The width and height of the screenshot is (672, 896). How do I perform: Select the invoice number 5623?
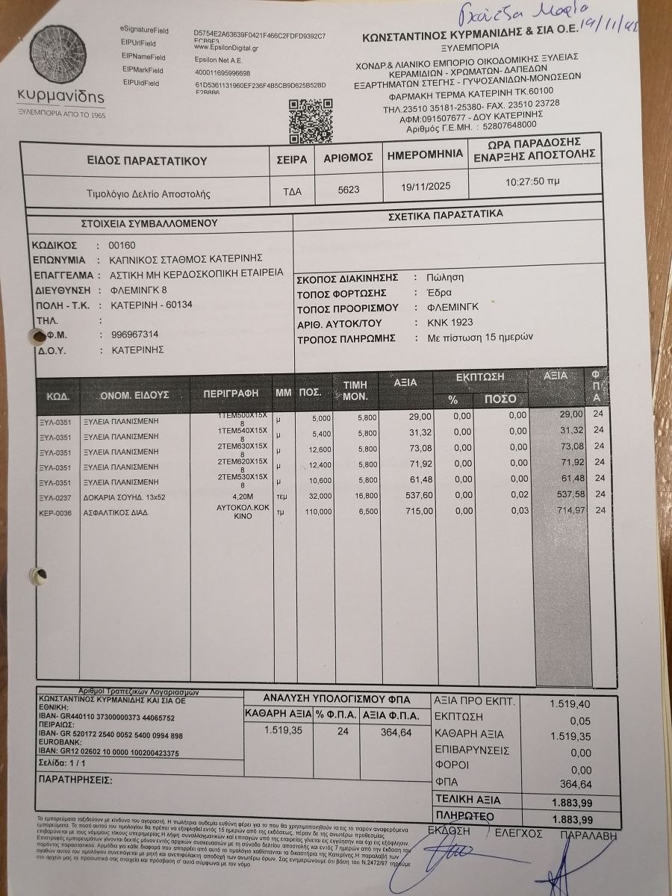tap(348, 190)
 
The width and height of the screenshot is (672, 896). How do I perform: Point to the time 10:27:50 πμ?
tap(532, 181)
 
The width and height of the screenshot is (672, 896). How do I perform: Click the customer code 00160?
tap(122, 245)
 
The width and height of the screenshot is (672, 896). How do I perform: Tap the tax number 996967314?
tap(134, 335)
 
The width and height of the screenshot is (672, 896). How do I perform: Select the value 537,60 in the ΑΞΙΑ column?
tap(417, 495)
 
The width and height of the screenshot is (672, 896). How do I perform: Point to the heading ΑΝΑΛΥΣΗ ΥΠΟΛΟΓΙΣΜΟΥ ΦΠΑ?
tap(337, 700)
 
